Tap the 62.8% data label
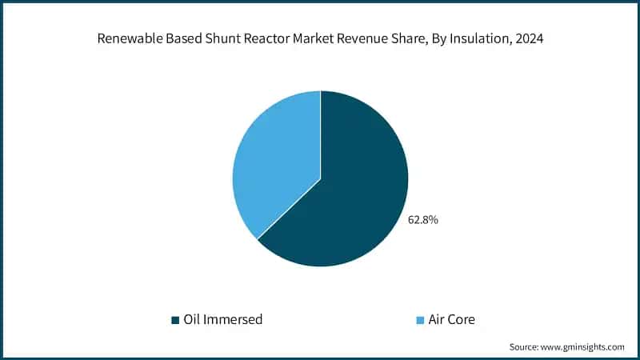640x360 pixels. [x=423, y=219]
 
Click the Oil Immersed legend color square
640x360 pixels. [x=175, y=320]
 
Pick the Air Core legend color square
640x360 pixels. [x=420, y=320]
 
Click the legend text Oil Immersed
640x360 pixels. [x=223, y=319]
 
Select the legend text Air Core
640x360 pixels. [x=452, y=319]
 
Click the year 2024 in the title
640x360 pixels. [x=528, y=37]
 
